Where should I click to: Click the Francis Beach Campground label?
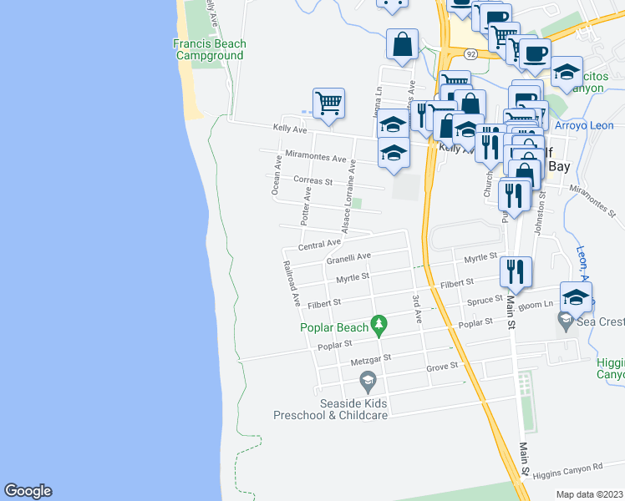[x=209, y=50]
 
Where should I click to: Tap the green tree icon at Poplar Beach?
[x=379, y=323]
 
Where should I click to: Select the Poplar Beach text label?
[x=334, y=328]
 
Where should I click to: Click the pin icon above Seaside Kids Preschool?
[x=366, y=382]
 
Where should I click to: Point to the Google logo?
[x=28, y=491]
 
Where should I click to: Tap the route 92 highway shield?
[x=471, y=53]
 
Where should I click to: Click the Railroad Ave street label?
[x=292, y=285]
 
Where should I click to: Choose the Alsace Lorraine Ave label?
[x=348, y=195]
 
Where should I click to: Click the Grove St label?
[x=442, y=366]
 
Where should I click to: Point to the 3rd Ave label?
[x=415, y=308]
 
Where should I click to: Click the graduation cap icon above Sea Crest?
[x=576, y=296]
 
